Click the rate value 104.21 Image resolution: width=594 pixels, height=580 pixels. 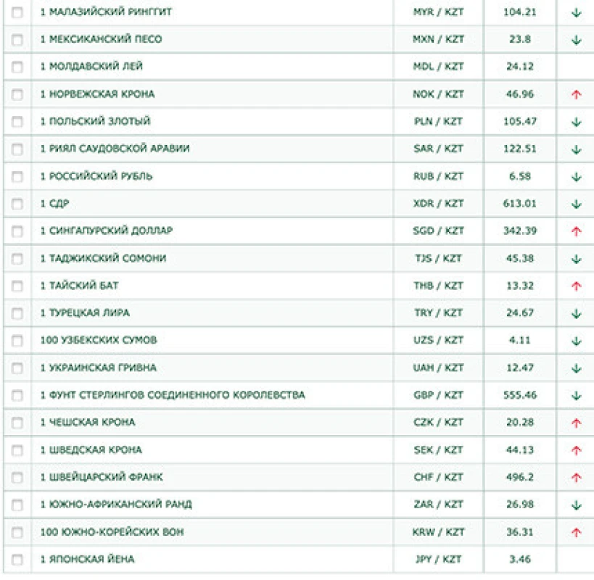point(519,12)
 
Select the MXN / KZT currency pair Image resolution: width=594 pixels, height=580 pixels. point(438,39)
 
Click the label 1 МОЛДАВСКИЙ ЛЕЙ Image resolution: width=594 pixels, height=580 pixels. point(91,67)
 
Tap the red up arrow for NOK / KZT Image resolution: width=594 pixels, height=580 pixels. point(577,95)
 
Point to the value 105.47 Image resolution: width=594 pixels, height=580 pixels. point(519,121)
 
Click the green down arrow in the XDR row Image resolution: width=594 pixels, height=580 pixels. point(577,204)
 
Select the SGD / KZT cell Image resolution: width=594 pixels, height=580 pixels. point(438,231)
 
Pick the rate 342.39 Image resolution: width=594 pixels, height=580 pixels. point(519,231)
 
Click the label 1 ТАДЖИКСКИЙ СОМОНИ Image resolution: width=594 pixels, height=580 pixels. point(103,258)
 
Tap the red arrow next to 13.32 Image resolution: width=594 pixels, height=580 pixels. point(577,286)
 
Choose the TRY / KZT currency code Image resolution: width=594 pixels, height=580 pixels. point(438,313)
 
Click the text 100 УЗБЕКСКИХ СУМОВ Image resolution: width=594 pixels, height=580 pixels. point(99,340)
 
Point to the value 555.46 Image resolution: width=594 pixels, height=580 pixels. point(519,395)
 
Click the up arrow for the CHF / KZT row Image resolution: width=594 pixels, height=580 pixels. point(577,478)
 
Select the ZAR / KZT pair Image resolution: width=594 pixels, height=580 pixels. point(438,505)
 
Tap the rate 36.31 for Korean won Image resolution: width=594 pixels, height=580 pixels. point(519,532)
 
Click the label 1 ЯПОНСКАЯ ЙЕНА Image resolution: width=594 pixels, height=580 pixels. point(87,560)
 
